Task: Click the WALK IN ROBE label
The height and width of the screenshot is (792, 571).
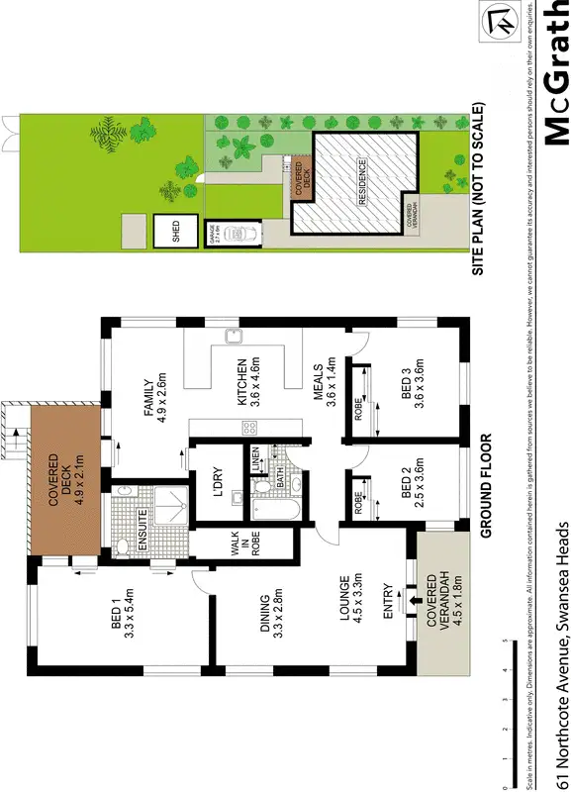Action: pyautogui.click(x=243, y=545)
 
